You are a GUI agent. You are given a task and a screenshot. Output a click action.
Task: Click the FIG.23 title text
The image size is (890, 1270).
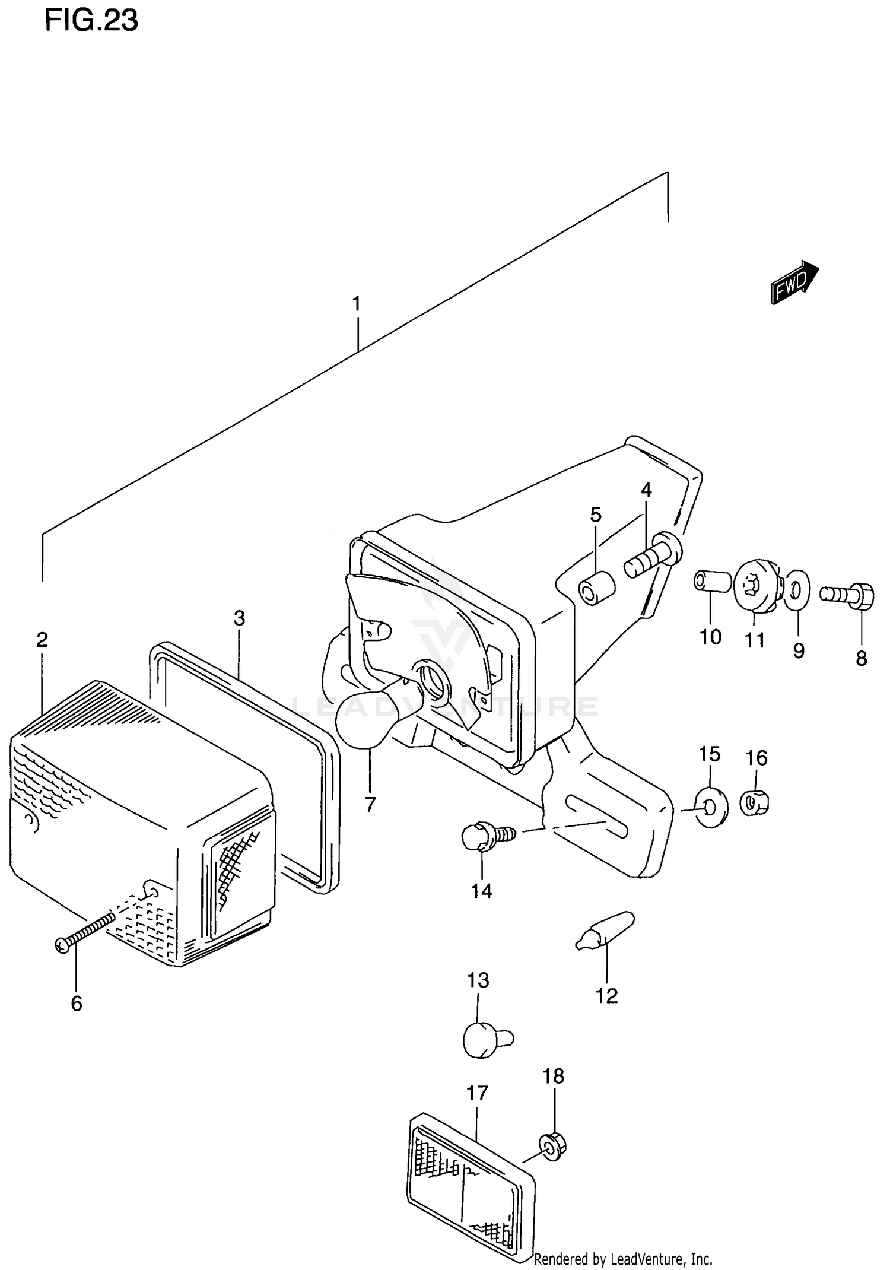click(x=91, y=20)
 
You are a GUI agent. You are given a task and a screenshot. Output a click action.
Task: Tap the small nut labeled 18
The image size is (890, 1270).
click(x=552, y=1147)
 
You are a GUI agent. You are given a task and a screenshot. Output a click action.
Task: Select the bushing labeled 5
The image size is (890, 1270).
click(x=596, y=588)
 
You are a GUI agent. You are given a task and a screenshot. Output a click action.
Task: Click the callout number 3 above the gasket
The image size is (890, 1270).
click(x=239, y=618)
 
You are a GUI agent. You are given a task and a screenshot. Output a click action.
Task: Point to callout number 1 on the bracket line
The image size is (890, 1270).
click(x=356, y=304)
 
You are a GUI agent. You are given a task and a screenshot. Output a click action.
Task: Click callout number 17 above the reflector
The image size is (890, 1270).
click(x=477, y=1093)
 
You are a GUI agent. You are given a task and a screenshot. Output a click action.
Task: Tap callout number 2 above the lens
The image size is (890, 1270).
click(x=42, y=640)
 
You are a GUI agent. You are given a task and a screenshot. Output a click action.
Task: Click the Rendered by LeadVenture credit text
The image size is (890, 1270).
click(x=623, y=1259)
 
